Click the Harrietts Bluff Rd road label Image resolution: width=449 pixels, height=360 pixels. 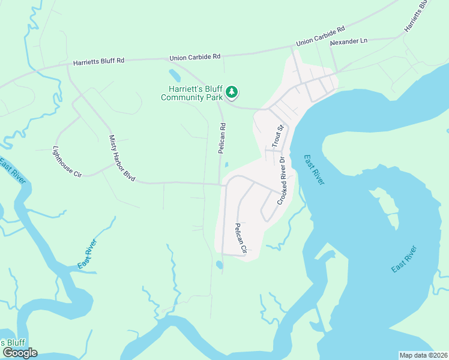click(x=98, y=62)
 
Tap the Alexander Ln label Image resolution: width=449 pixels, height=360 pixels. click(x=349, y=42)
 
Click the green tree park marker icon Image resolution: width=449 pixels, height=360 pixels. click(x=232, y=92)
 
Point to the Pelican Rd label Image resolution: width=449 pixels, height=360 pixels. click(x=222, y=136)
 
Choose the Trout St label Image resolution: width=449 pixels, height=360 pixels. click(x=277, y=136)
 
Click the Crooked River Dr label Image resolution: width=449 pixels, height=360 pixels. click(x=281, y=181)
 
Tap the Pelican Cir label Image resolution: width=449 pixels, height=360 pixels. click(x=241, y=238)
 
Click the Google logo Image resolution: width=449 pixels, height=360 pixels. click(x=19, y=353)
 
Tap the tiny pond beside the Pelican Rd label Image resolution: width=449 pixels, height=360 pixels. click(x=226, y=165)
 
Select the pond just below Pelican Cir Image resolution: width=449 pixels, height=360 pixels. click(x=219, y=265)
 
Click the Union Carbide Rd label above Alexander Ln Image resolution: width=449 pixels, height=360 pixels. click(x=321, y=37)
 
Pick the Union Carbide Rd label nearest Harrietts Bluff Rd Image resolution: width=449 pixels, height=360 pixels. click(x=195, y=57)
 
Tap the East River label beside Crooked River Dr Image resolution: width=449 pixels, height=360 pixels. click(x=314, y=170)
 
